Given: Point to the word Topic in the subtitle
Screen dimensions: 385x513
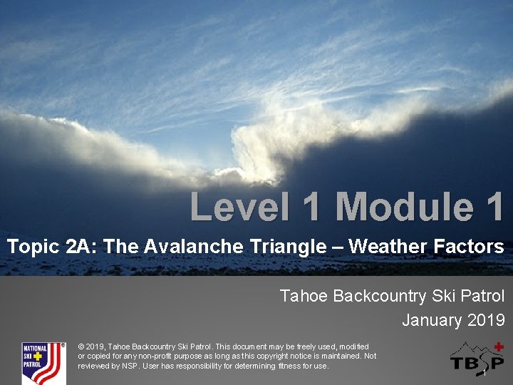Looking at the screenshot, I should [x=33, y=247].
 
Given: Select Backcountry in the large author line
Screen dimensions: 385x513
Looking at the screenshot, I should [x=378, y=296].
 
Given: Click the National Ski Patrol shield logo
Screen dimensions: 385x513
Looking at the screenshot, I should [x=43, y=363].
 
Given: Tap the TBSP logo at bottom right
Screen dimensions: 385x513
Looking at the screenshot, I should [x=477, y=359].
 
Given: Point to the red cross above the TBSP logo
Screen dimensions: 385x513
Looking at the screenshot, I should [x=499, y=346].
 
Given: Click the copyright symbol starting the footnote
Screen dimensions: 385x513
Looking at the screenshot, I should [x=81, y=346].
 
